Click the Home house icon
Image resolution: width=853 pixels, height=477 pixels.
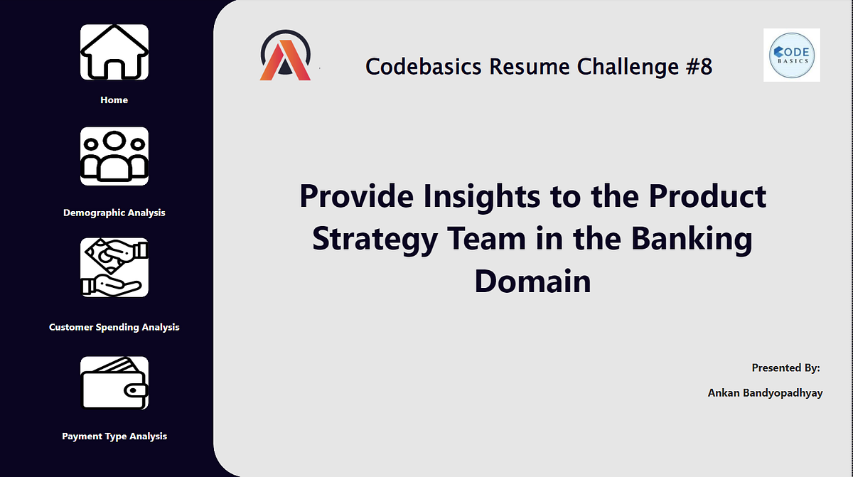coord(114,53)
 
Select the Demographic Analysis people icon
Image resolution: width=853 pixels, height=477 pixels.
coord(114,156)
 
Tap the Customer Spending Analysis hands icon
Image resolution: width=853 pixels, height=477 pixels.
coord(114,267)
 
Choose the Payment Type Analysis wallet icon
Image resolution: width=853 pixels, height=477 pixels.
coord(114,383)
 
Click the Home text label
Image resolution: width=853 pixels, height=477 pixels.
coord(114,100)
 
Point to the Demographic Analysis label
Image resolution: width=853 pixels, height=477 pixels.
coord(114,213)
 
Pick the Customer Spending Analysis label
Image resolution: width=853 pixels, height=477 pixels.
coord(114,327)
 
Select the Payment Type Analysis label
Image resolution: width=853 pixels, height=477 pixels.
coord(114,436)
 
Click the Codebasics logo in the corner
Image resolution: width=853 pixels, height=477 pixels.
coord(791,55)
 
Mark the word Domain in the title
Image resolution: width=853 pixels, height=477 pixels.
coord(532,281)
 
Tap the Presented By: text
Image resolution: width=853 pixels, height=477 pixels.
coord(785,368)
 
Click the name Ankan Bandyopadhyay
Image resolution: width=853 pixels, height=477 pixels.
coord(765,392)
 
